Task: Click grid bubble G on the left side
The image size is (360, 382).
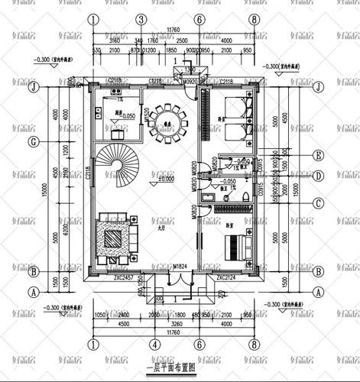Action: (x=33, y=142)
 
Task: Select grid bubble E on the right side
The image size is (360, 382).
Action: (x=316, y=156)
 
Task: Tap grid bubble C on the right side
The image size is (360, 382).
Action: (x=316, y=202)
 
